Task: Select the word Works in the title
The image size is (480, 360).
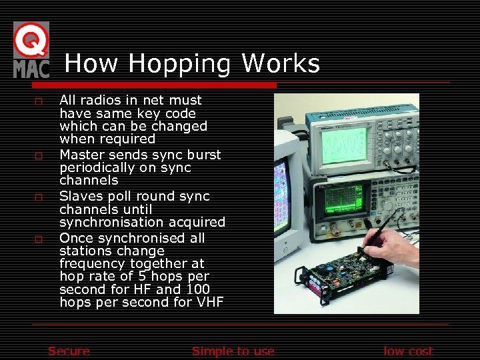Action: click(281, 64)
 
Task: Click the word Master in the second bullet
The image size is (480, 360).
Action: click(82, 155)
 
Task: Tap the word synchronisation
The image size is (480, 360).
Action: click(135, 222)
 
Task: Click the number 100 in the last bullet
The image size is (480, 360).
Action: click(197, 289)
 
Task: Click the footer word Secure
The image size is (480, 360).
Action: click(69, 351)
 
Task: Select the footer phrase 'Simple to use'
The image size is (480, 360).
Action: click(233, 351)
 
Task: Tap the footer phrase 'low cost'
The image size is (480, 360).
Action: click(408, 351)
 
